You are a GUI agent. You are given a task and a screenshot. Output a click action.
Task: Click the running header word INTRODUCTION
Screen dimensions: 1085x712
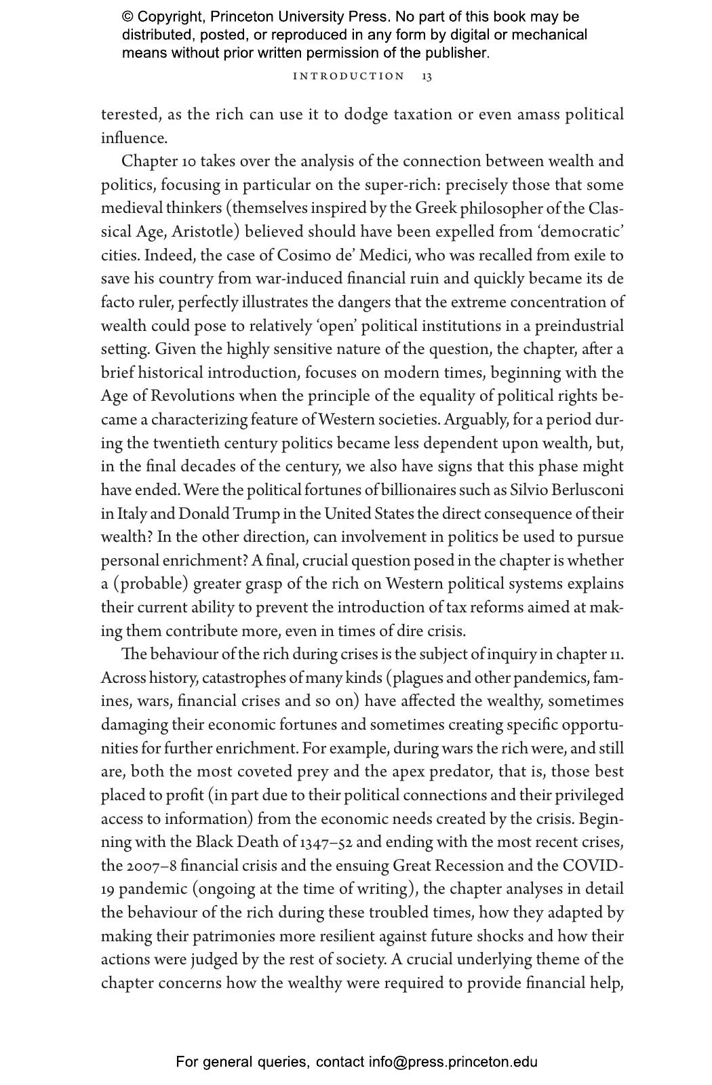[349, 76]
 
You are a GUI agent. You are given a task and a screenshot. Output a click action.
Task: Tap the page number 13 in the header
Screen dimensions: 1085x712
[427, 76]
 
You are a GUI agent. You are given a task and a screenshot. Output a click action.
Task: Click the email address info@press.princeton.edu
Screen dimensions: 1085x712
[453, 1062]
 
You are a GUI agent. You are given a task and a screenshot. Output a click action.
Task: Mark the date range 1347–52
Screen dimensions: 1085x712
[326, 842]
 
